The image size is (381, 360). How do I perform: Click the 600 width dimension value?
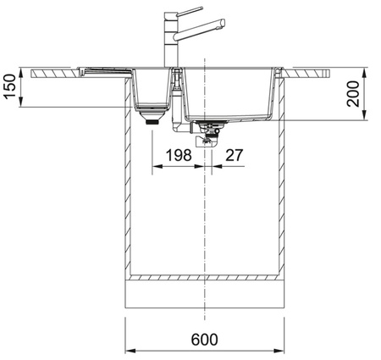pyautogui.click(x=204, y=339)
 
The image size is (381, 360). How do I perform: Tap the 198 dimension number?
pyautogui.click(x=179, y=155)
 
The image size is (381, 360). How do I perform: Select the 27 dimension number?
pyautogui.click(x=234, y=155)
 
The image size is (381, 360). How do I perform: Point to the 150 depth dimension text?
pyautogui.click(x=10, y=86)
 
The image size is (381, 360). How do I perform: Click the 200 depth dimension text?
pyautogui.click(x=353, y=94)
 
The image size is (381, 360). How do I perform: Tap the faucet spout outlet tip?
pyautogui.click(x=223, y=24)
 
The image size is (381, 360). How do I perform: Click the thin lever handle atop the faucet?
pyautogui.click(x=190, y=11)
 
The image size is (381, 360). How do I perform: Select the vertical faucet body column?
pyautogui.click(x=171, y=40)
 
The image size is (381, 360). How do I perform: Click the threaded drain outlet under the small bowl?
pyautogui.click(x=152, y=122)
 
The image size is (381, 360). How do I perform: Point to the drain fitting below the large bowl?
pyautogui.click(x=209, y=133)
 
